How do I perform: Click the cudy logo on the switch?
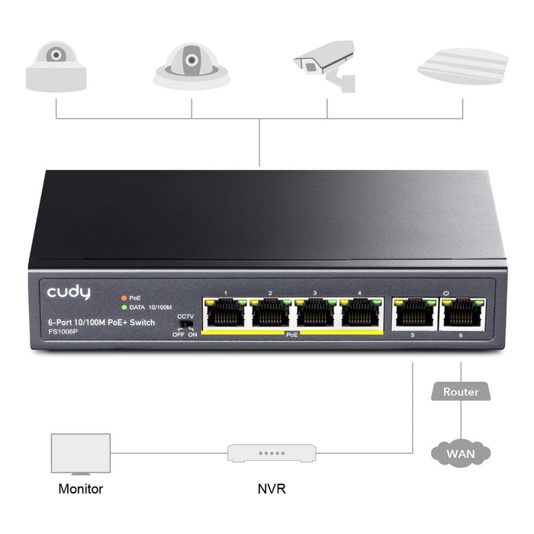point(69,292)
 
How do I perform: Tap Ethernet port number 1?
point(224,313)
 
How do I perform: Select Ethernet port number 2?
point(270,313)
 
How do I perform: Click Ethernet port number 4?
point(361,313)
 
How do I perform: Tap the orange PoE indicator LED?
point(123,298)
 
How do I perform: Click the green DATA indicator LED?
point(123,306)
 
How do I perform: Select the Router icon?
point(461,391)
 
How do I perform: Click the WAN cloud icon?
point(461,454)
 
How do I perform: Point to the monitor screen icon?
point(80,454)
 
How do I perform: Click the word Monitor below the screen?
point(80,489)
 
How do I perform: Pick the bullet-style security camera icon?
point(323,65)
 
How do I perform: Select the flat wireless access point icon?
point(462,66)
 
